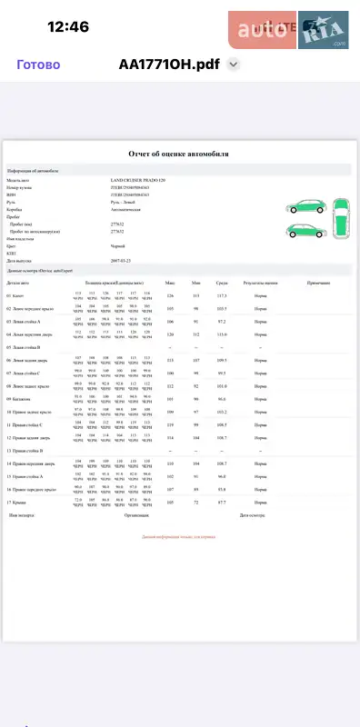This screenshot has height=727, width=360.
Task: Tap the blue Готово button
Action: pyautogui.click(x=39, y=65)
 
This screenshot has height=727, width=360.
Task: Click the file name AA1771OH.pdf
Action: pyautogui.click(x=170, y=65)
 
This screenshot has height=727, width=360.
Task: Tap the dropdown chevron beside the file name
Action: pyautogui.click(x=234, y=65)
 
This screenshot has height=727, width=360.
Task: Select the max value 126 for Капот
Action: pyautogui.click(x=170, y=295)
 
